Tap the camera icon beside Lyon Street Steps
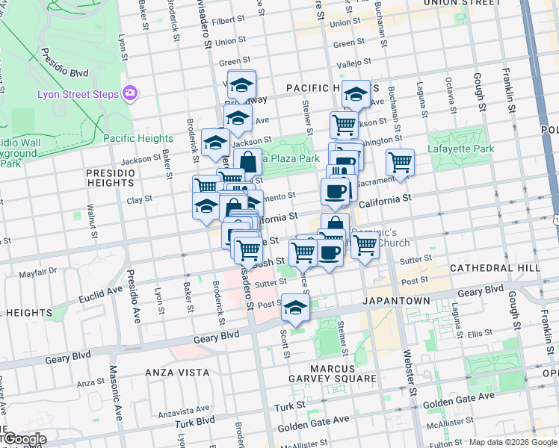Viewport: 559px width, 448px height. [x=131, y=93]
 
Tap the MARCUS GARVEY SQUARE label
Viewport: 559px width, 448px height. [x=333, y=379]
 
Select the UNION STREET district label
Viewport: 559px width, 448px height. [x=461, y=3]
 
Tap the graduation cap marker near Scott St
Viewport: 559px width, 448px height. [x=296, y=308]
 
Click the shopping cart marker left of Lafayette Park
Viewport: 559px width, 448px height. [x=401, y=161]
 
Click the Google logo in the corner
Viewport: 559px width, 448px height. [x=24, y=439]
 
